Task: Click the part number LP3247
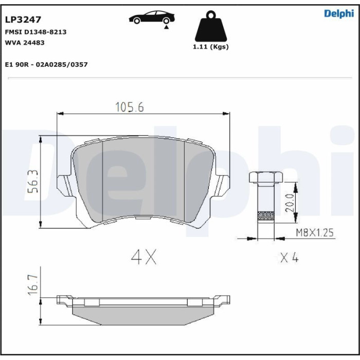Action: point(23,20)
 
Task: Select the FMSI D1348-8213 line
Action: point(35,32)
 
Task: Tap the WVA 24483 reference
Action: point(25,43)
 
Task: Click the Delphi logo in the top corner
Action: point(339,14)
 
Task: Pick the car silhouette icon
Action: point(152,17)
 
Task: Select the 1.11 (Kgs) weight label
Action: point(211,47)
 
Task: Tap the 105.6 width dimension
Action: point(130,107)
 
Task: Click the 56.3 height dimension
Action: point(33,182)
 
